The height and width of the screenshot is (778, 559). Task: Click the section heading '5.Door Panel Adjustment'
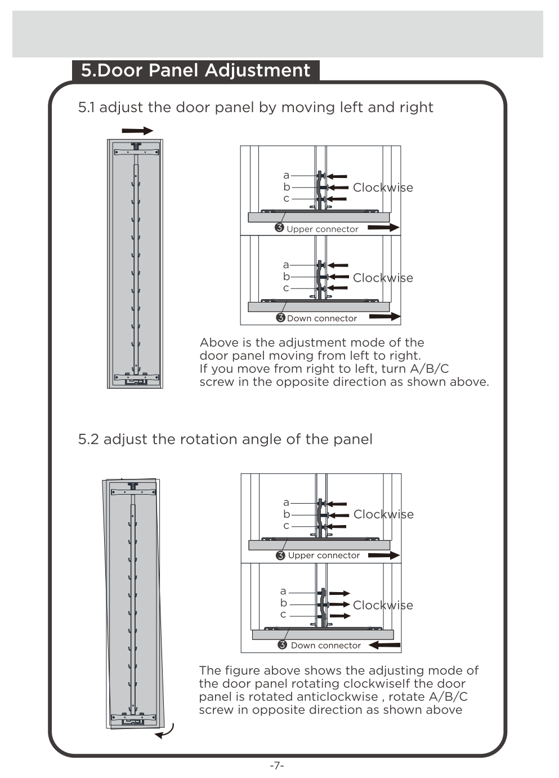(195, 70)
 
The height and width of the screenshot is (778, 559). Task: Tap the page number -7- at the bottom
(277, 765)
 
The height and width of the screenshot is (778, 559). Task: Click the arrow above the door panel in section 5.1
(137, 131)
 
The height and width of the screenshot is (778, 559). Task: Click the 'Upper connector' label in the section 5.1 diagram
(322, 229)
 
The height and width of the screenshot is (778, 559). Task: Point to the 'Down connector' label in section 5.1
(322, 318)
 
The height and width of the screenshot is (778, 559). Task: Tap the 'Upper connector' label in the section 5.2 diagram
(324, 555)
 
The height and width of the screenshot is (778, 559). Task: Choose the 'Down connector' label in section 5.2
(325, 646)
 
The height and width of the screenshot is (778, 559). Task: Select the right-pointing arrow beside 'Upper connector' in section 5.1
(383, 228)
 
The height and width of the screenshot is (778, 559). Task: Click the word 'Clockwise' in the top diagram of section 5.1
(383, 188)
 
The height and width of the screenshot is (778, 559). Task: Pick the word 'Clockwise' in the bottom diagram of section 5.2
(383, 605)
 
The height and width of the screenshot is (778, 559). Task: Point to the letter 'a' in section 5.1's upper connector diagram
(286, 176)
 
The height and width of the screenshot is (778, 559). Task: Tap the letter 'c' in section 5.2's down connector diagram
(283, 615)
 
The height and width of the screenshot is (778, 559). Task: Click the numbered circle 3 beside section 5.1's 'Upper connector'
(279, 228)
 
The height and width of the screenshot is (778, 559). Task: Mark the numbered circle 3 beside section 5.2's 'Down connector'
(282, 645)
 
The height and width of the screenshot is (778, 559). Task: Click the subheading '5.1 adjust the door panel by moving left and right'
(256, 108)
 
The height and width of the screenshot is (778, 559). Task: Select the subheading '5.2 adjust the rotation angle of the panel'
(225, 439)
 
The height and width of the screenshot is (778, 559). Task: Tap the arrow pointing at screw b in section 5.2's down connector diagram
(339, 604)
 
